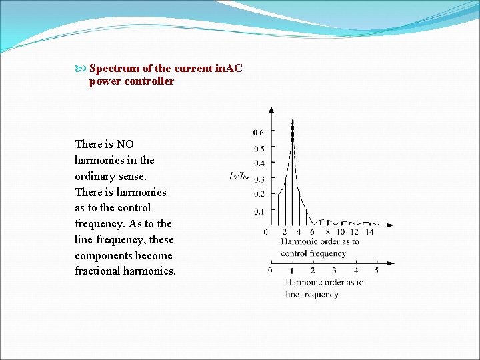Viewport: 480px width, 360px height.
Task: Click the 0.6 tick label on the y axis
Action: click(x=258, y=131)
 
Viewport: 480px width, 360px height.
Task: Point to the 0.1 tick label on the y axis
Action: click(x=258, y=211)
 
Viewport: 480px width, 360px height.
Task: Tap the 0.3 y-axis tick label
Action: click(x=258, y=179)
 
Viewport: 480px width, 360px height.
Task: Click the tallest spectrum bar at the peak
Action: click(x=292, y=173)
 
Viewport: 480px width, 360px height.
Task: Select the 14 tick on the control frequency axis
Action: click(x=369, y=232)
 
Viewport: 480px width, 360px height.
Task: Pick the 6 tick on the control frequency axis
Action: click(x=312, y=232)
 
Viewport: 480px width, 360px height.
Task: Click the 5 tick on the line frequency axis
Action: click(x=377, y=271)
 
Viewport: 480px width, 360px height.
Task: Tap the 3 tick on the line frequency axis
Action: click(x=334, y=271)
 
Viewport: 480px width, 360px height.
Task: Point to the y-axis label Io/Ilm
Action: click(x=239, y=177)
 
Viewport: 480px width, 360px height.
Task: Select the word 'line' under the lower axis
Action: click(x=293, y=294)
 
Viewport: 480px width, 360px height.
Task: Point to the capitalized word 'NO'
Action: click(x=125, y=144)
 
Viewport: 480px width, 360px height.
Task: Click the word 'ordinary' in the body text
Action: click(x=95, y=176)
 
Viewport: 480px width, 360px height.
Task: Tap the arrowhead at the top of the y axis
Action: click(x=271, y=110)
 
